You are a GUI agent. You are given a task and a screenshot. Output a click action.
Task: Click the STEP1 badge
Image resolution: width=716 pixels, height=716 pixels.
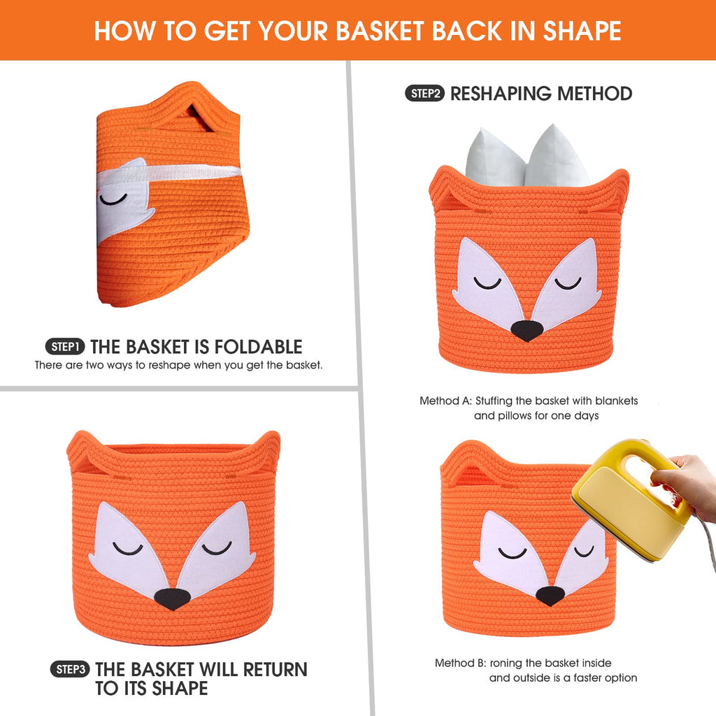[x=65, y=347]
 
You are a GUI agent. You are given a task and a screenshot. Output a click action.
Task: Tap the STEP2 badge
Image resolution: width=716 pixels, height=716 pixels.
[x=424, y=94]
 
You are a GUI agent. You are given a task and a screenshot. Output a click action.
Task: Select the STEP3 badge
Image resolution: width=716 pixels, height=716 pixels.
[x=70, y=669]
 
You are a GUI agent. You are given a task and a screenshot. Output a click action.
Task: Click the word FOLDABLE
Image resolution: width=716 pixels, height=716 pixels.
[x=258, y=347]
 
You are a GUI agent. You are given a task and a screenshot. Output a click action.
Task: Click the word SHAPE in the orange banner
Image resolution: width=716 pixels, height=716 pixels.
[x=582, y=31]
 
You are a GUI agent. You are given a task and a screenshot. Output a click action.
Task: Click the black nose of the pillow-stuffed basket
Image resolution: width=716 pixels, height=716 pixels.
[x=527, y=330]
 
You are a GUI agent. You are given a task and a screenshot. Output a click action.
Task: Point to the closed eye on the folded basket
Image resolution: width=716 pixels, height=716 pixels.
[x=113, y=199]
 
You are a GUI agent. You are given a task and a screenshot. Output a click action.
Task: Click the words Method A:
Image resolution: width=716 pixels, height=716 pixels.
[x=445, y=401]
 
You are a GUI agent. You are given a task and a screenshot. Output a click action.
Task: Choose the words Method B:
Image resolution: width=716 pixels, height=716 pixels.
[x=460, y=663]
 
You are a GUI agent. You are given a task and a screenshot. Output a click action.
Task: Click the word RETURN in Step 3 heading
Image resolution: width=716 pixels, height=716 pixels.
[x=275, y=669]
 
